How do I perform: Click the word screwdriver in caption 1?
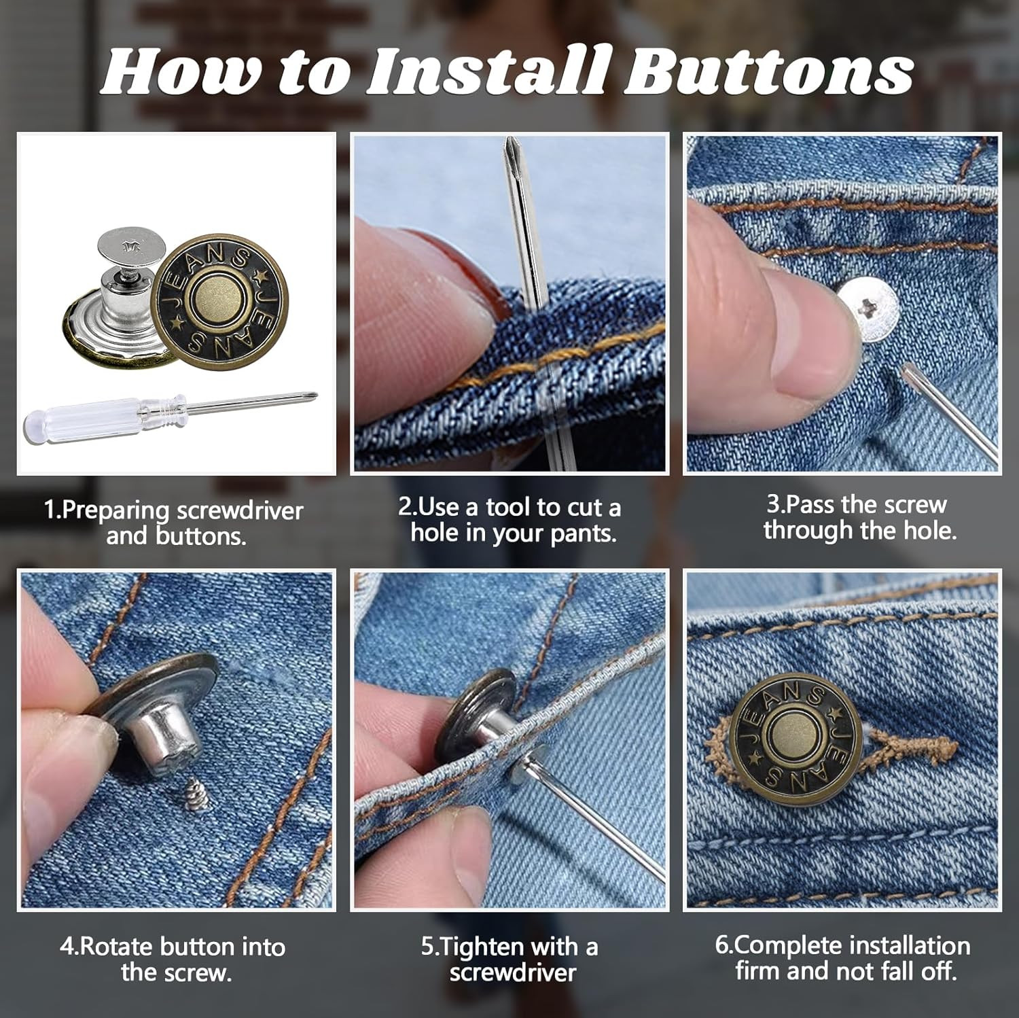(239, 510)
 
